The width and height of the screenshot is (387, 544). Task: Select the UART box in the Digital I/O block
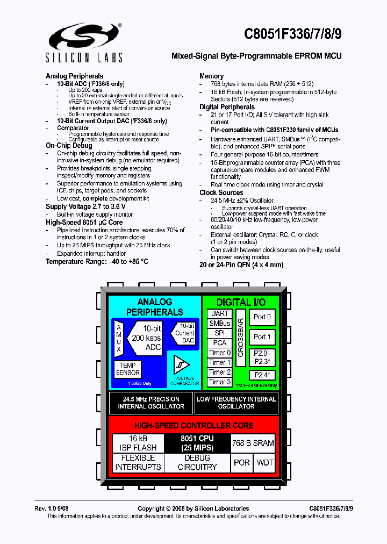pyautogui.click(x=219, y=313)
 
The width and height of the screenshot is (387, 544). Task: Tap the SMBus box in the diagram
pyautogui.click(x=219, y=323)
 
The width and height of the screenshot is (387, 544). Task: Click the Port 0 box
pyautogui.click(x=262, y=317)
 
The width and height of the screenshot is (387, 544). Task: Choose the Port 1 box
pyautogui.click(x=262, y=337)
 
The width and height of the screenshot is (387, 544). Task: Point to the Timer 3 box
pyautogui.click(x=219, y=382)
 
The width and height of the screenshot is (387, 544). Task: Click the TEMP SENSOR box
pyautogui.click(x=128, y=369)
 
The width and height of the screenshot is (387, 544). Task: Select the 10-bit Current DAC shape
pyautogui.click(x=184, y=333)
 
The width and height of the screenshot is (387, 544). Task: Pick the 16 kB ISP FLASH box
pyautogui.click(x=138, y=443)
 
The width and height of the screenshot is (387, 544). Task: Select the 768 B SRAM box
pyautogui.click(x=253, y=443)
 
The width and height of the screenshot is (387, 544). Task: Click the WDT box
pyautogui.click(x=264, y=462)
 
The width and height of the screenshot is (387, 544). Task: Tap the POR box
pyautogui.click(x=241, y=462)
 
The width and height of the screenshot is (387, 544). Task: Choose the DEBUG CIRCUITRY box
pyautogui.click(x=197, y=462)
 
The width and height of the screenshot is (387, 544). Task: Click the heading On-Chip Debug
pyautogui.click(x=69, y=145)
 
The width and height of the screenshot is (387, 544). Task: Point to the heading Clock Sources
pyautogui.click(x=221, y=192)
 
